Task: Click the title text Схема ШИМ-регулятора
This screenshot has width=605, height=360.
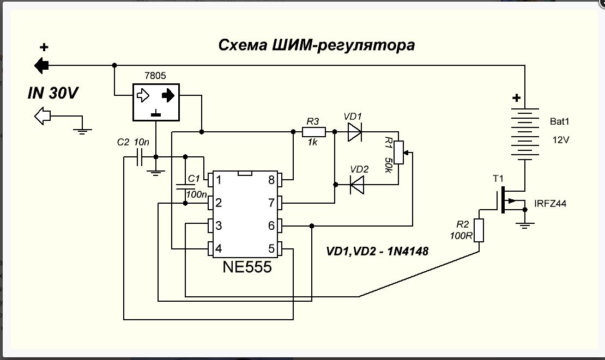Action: [x=316, y=45]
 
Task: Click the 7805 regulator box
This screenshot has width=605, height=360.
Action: [x=156, y=102]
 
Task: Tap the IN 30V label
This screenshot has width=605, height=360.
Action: [x=53, y=94]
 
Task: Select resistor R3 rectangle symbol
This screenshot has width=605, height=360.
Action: [x=314, y=132]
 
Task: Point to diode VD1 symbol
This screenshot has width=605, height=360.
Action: [x=354, y=132]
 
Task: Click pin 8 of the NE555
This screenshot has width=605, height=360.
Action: [x=279, y=180]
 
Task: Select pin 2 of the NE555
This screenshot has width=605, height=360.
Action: [x=210, y=203]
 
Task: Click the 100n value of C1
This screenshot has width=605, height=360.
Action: [x=196, y=193]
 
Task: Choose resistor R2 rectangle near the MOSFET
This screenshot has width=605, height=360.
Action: [x=479, y=230]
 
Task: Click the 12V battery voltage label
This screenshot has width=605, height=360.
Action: [x=561, y=140]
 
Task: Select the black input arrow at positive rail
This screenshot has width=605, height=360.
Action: [x=41, y=66]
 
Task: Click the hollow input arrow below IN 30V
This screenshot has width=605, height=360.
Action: [x=41, y=115]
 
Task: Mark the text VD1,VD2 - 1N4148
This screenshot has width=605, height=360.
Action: [x=377, y=252]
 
